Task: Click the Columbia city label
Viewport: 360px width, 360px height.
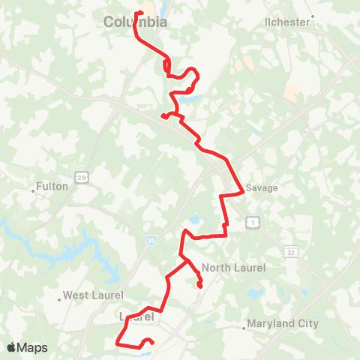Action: [135, 22]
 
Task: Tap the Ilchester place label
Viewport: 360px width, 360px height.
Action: [287, 22]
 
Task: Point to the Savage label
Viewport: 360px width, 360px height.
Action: [262, 188]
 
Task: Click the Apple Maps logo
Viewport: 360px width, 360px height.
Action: [27, 347]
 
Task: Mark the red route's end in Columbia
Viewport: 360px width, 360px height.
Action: [136, 12]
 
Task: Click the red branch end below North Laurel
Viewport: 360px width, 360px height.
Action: [200, 286]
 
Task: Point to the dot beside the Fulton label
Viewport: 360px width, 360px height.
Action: [34, 190]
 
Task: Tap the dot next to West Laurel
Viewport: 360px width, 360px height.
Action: [59, 299]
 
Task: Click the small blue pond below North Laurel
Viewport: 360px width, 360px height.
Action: [256, 293]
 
